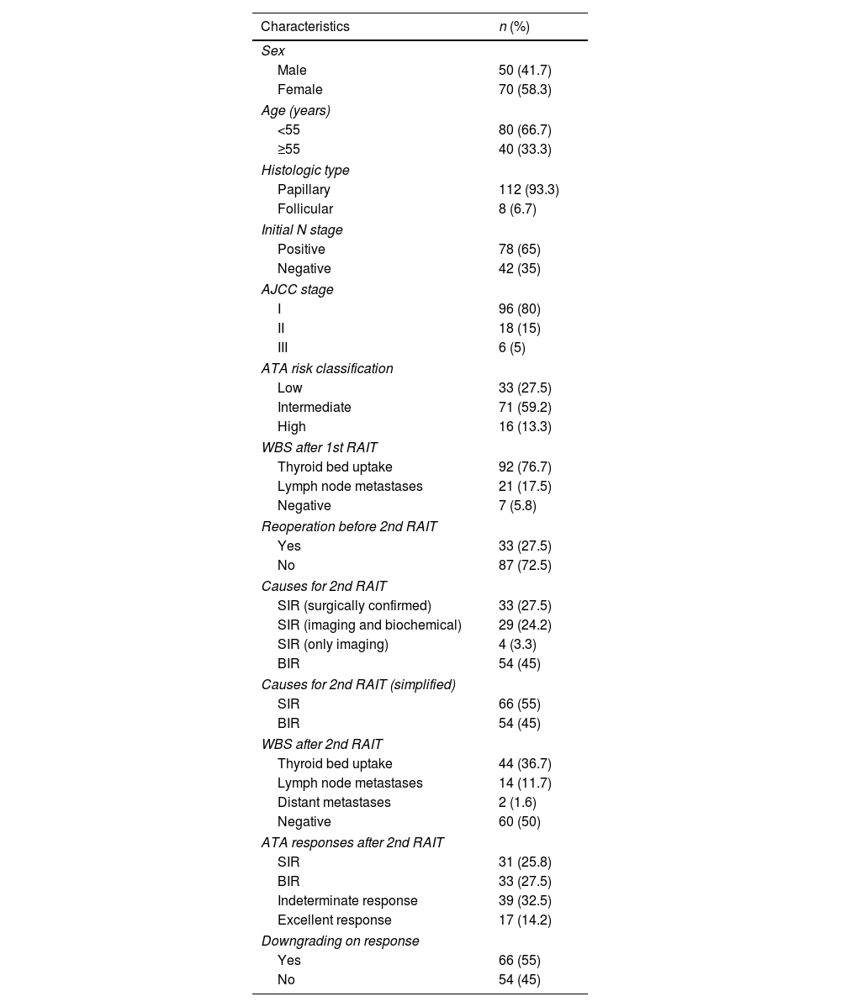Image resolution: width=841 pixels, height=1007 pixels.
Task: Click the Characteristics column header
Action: pos(305,27)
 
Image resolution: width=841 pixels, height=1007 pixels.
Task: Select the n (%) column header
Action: pos(514,27)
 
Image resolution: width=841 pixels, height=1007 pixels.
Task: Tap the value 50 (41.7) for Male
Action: pos(525,71)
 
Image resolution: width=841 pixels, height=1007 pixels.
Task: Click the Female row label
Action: pos(300,90)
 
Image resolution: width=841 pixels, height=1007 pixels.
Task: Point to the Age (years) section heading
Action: pos(296,110)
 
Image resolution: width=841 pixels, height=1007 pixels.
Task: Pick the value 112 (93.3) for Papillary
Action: pos(528,190)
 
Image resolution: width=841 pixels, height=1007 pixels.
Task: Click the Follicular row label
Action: pos(305,209)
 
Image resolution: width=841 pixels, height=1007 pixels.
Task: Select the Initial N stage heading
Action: pos(302,229)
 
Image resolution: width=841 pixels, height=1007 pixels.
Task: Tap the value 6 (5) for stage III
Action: pos(511,348)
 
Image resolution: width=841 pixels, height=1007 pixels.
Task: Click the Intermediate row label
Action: pos(315,408)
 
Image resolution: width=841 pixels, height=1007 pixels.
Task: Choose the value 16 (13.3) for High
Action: pos(525,427)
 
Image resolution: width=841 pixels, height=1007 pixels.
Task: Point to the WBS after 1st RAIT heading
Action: pos(320,447)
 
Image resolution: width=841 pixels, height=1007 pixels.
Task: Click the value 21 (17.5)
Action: pos(525,487)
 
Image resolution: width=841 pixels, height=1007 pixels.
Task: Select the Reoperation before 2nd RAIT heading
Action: pos(349,526)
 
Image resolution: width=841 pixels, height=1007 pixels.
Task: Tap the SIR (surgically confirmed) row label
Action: pos(354,606)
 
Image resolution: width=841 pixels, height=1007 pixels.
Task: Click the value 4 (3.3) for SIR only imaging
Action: pos(517,645)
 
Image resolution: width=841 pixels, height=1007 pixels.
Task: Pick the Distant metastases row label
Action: pos(334,803)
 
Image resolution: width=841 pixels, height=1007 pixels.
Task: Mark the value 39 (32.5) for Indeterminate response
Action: pos(525,901)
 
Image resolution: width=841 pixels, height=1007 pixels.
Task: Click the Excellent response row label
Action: pos(335,920)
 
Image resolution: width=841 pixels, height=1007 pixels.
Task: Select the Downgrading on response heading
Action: pos(340,941)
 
